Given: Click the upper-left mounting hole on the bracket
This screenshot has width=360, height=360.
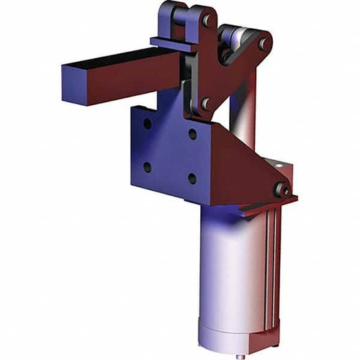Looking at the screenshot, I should point(147,124).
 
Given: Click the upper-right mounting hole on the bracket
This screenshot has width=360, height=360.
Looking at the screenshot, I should point(192,134).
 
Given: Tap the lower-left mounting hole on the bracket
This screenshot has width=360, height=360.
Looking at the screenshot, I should point(147,166).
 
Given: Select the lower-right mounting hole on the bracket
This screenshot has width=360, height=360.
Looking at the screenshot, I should point(192,178).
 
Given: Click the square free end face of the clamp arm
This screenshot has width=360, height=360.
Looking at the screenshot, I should point(76,85).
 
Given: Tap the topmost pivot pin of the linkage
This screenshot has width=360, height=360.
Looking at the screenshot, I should point(207,20).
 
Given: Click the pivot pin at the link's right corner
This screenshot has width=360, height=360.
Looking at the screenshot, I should point(264,44).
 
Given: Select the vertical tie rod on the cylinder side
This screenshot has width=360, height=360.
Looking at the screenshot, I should point(271,274).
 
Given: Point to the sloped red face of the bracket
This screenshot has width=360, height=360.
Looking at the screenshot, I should point(230,173).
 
